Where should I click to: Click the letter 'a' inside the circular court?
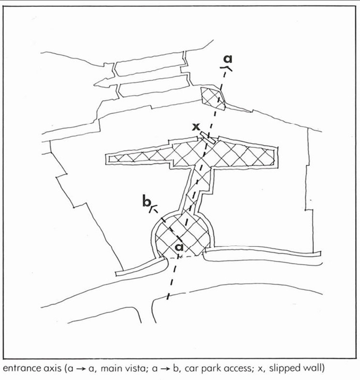[179, 248]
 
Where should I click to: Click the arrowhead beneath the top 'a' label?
[227, 67]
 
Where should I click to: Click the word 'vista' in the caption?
[148, 368]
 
